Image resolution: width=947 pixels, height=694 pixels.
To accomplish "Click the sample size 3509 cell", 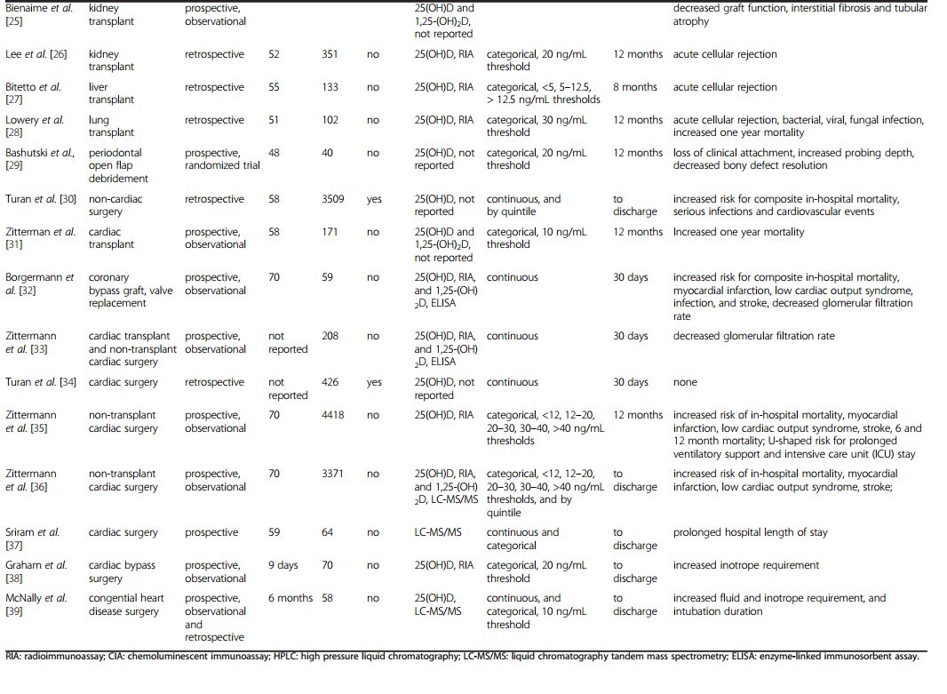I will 335,199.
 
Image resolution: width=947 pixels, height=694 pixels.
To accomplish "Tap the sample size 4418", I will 335,415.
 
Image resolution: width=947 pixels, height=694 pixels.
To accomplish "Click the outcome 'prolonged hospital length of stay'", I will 750,532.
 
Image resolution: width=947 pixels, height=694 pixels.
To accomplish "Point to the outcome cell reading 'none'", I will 686,382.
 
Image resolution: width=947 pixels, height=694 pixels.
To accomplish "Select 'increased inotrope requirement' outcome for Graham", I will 746,565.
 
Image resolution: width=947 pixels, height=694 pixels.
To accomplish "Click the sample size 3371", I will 335,474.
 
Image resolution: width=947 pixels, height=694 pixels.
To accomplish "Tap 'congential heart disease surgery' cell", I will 126,604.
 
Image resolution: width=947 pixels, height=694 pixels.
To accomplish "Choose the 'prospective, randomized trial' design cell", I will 222,159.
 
